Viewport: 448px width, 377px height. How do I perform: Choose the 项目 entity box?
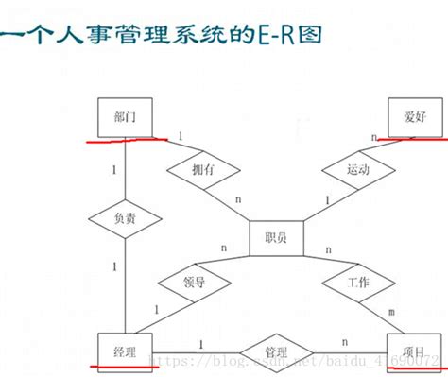point(414,351)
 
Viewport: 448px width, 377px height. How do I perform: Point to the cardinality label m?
point(391,311)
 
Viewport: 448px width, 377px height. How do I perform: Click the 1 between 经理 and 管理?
point(201,343)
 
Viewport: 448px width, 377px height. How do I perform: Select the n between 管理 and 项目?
point(344,343)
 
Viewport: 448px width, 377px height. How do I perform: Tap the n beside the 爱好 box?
point(374,137)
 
